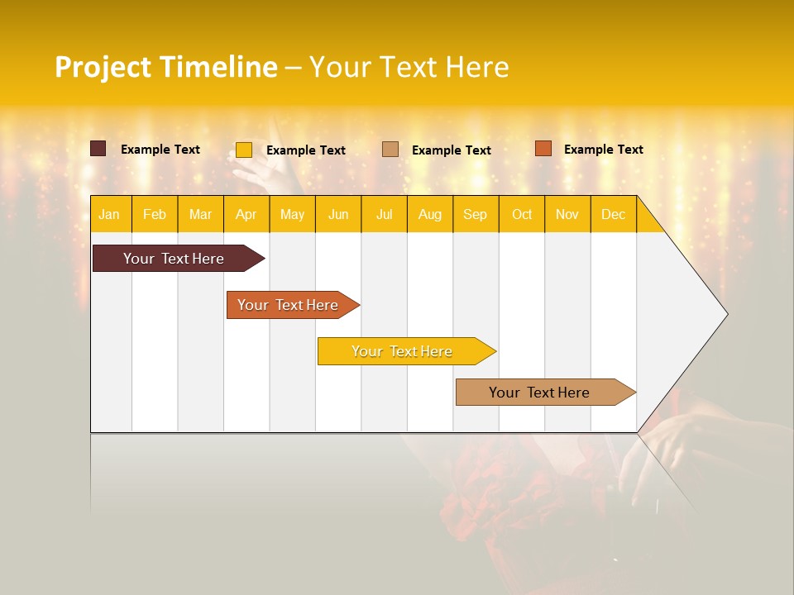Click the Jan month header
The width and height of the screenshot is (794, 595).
[109, 214]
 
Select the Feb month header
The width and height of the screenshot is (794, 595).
[155, 214]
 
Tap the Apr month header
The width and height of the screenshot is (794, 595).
[246, 214]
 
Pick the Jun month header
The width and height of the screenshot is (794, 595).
[338, 214]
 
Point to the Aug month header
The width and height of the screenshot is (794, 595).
[429, 214]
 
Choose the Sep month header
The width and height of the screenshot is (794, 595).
[475, 214]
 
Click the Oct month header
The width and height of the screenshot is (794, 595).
[522, 214]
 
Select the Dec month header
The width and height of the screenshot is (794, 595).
[613, 214]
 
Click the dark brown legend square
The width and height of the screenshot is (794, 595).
[98, 149]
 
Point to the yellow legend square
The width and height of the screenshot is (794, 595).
[244, 150]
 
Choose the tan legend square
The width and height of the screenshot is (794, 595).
[390, 150]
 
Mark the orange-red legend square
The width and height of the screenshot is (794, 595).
[543, 149]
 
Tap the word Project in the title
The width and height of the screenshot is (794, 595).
[103, 67]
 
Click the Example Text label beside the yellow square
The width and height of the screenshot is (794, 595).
[306, 150]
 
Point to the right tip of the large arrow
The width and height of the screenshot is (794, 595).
[726, 313]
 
